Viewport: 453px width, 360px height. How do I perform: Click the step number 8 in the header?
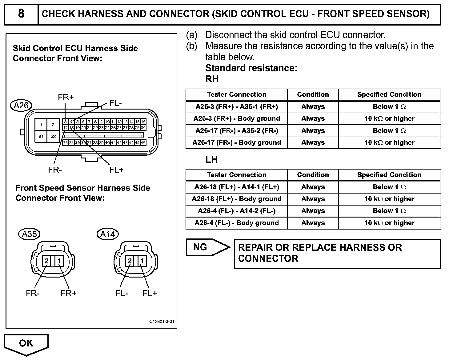tap(21, 14)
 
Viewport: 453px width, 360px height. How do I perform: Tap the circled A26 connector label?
tap(21, 106)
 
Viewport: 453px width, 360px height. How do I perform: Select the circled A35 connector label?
tap(29, 234)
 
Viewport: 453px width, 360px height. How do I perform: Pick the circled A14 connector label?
tap(108, 234)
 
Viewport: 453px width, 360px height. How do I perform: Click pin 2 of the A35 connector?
tap(46, 261)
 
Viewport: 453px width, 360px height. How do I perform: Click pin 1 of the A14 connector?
tap(142, 261)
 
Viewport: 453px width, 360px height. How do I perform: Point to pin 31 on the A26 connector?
tap(41, 136)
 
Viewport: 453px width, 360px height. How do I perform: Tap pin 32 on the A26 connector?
tap(53, 136)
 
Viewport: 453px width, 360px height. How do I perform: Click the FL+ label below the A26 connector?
tap(116, 170)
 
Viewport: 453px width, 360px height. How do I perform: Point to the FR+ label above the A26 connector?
tap(66, 97)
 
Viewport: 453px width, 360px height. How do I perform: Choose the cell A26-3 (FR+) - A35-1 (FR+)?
tap(237, 107)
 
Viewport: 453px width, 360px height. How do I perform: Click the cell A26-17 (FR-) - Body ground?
tap(237, 142)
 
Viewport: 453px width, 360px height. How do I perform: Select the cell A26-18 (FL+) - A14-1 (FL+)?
tap(237, 187)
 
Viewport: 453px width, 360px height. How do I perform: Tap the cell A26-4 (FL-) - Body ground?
tap(237, 223)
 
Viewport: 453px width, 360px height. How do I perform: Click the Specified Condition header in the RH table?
tap(389, 94)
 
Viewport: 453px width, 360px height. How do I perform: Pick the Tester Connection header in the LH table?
tap(237, 175)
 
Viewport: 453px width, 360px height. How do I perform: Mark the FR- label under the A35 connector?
tap(33, 294)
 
